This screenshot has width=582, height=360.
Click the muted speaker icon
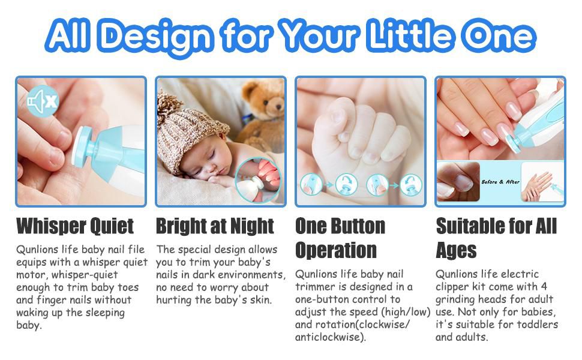[43, 101]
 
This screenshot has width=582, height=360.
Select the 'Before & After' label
[500, 182]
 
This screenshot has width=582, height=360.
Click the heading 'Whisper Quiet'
[75, 226]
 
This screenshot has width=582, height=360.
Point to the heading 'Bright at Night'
[215, 226]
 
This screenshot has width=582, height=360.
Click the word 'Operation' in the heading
[336, 251]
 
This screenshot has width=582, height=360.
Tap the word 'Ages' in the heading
[456, 251]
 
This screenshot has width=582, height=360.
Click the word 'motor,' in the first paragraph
[32, 275]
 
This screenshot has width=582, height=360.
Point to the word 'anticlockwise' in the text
[328, 337]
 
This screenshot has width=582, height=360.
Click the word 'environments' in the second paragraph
[251, 275]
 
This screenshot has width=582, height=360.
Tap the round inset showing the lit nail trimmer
[257, 181]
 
